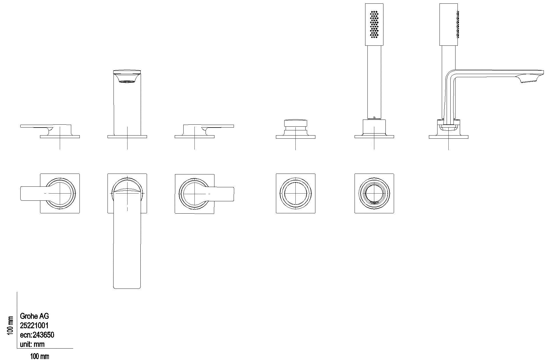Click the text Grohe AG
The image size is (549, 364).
pos(34,316)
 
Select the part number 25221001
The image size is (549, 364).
pos(34,325)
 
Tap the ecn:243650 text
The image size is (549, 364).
pos(37,335)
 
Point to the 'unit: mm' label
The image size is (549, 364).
pos(32,344)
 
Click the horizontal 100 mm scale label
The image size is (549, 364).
pos(39,357)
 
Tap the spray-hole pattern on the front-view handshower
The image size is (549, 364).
pos(374,25)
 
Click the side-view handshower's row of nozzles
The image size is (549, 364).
pos(458,25)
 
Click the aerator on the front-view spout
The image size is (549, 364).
pos(127,81)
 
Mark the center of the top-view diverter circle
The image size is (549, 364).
pos(295,193)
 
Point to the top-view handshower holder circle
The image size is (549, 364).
pos(374,193)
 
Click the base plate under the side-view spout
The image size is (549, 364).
pos(448,137)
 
